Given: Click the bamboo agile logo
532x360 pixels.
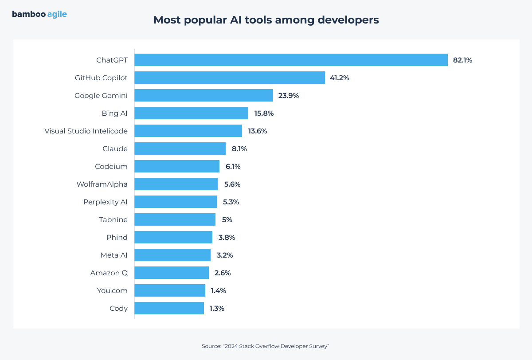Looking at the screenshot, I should tap(39, 14).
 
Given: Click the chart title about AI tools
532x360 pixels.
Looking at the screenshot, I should tap(266, 20).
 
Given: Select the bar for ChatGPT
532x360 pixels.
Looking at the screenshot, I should tap(291, 60).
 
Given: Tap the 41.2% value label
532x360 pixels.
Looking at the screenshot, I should tap(339, 78).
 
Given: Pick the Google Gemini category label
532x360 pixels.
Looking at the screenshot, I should tap(101, 95).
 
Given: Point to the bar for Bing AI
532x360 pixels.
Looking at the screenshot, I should tap(191, 113).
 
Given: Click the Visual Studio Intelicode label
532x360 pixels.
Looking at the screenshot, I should tap(86, 131).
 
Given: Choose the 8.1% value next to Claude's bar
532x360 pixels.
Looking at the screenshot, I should tap(239, 149).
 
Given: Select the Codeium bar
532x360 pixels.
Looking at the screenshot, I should tap(177, 166).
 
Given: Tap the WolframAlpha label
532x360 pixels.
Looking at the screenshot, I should tap(102, 184).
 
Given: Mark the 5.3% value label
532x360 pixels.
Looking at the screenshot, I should tap(231, 202).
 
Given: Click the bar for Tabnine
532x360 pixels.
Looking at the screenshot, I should tap(175, 219).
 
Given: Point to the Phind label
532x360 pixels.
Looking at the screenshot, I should tap(117, 237).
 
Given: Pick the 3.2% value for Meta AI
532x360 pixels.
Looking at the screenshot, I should tap(224, 255).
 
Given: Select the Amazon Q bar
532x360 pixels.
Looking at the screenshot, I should tap(172, 273).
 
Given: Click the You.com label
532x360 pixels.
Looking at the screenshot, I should tap(112, 290).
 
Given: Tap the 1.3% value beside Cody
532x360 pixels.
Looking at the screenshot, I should tap(217, 308).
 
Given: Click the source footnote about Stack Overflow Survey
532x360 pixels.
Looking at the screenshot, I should tap(265, 346).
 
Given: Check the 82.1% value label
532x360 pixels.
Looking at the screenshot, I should tap(462, 60).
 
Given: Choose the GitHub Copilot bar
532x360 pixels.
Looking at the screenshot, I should tap(230, 78).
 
